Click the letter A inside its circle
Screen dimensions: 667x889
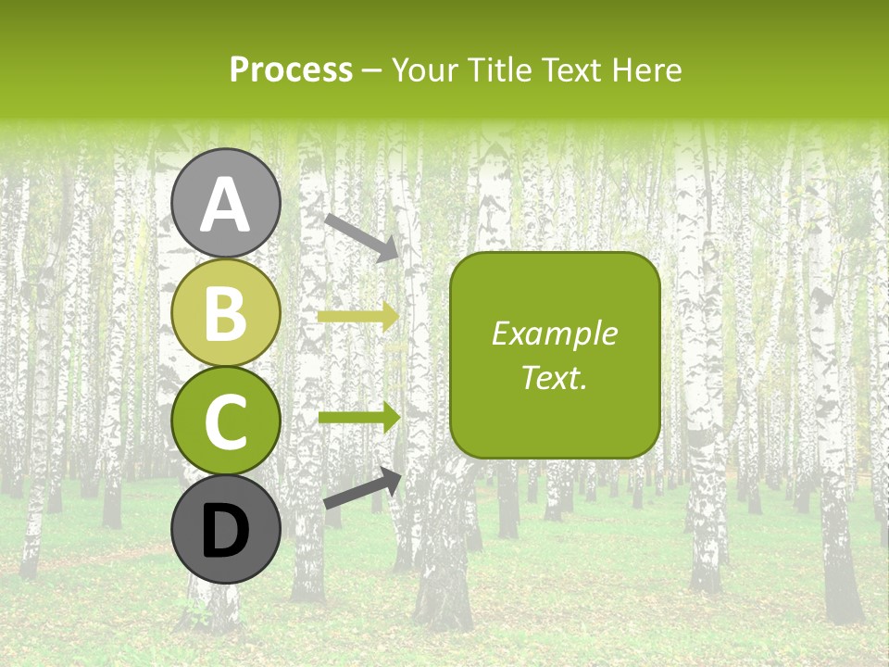[225, 205]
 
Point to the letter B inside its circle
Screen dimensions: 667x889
[225, 314]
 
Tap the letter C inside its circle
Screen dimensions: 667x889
[225, 422]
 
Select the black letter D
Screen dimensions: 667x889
[225, 531]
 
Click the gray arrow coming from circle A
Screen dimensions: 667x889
[361, 237]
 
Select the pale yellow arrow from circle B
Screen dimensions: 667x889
[357, 316]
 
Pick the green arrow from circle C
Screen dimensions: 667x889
[357, 418]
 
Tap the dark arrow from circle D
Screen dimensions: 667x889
[362, 488]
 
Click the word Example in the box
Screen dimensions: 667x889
[554, 334]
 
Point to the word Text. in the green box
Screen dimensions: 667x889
[554, 377]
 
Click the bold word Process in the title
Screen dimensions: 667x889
[291, 70]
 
